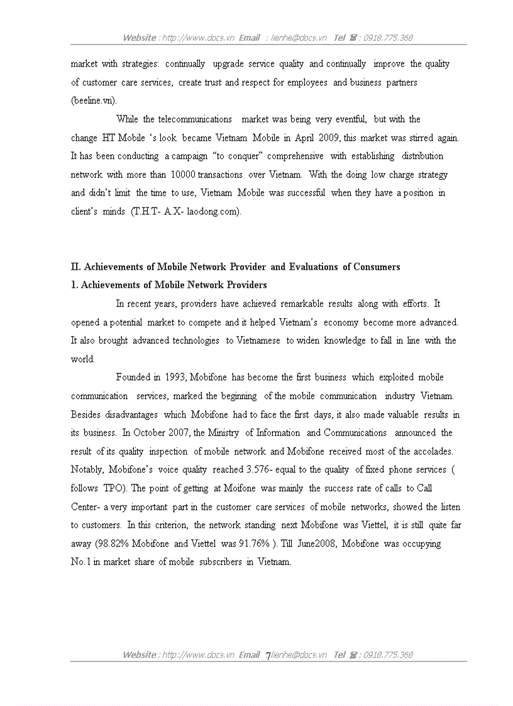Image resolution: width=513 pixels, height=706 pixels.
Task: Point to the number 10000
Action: [x=183, y=175]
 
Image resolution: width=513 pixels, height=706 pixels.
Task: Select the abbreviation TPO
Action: [x=114, y=488]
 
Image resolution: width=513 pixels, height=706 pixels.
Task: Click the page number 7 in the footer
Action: [x=268, y=655]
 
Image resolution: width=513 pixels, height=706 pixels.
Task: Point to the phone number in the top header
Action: [x=388, y=38]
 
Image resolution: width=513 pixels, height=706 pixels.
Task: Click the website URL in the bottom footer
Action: [x=198, y=654]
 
